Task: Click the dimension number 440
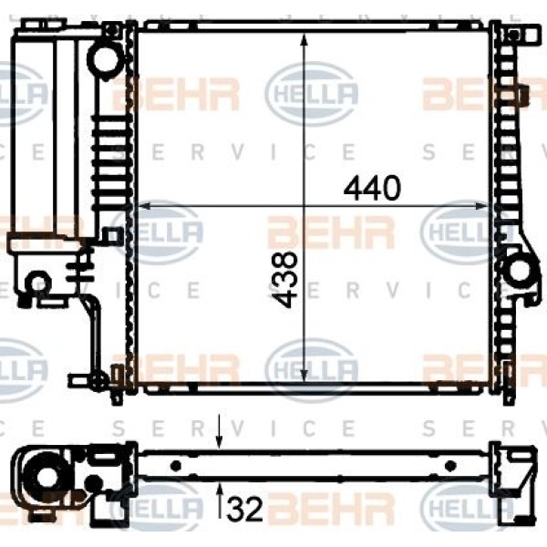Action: (372, 189)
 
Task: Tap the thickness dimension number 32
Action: (244, 509)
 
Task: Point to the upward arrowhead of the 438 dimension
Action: (304, 39)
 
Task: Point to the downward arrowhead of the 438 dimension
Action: (304, 376)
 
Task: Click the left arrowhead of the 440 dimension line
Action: (145, 206)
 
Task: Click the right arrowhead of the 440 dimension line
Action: (482, 206)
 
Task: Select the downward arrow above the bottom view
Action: (219, 431)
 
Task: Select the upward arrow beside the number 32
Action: (220, 501)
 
